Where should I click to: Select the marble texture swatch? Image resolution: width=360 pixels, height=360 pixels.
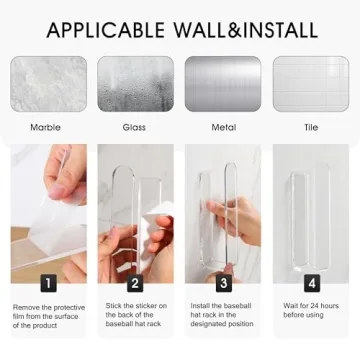pyautogui.click(x=48, y=83)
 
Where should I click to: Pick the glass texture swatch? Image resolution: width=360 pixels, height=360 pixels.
pyautogui.click(x=135, y=83)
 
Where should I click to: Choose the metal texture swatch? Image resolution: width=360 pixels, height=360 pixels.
pyautogui.click(x=222, y=83)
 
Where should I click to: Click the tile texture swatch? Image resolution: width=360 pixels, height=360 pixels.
pyautogui.click(x=310, y=83)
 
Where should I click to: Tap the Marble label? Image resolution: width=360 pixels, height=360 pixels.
pyautogui.click(x=46, y=127)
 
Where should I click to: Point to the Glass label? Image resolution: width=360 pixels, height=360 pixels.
pyautogui.click(x=134, y=127)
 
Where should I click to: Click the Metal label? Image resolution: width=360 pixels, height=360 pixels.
pyautogui.click(x=222, y=127)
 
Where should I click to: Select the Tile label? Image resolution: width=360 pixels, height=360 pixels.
pyautogui.click(x=310, y=127)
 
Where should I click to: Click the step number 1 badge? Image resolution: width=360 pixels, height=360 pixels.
pyautogui.click(x=48, y=283)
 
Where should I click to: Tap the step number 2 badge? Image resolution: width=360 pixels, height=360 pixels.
pyautogui.click(x=136, y=283)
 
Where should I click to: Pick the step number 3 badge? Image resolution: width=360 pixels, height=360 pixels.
pyautogui.click(x=224, y=283)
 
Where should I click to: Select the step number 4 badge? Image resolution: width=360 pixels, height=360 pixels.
pyautogui.click(x=311, y=283)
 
